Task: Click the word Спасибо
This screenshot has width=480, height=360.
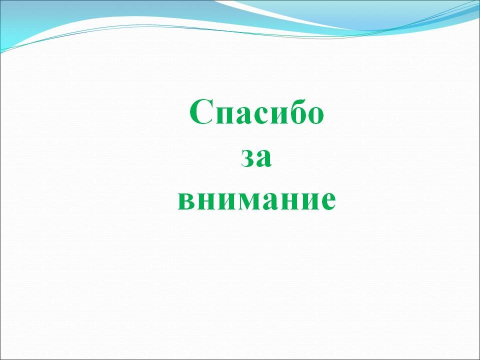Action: [256, 112]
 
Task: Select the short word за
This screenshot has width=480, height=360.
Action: [256, 158]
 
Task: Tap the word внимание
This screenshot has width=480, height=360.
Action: [257, 200]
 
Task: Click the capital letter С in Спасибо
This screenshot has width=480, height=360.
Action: [201, 112]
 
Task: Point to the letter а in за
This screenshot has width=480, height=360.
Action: [264, 158]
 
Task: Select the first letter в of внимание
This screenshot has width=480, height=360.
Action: [186, 201]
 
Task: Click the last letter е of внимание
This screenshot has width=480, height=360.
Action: [328, 201]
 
